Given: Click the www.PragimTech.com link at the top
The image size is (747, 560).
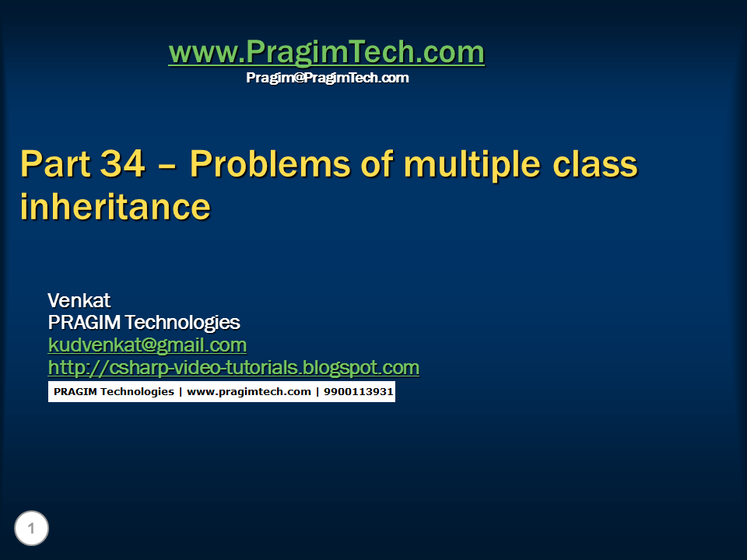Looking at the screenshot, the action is click(x=327, y=52).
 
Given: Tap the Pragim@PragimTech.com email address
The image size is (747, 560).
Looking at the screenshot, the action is click(x=328, y=78).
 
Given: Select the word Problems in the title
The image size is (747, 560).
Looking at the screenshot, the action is click(x=270, y=164).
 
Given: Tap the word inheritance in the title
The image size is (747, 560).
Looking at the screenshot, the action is click(x=115, y=207).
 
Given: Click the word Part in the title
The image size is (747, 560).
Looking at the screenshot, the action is click(x=55, y=164).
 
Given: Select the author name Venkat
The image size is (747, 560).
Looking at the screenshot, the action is click(x=79, y=300).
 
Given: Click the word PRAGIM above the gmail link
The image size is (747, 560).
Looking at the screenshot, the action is click(x=84, y=322).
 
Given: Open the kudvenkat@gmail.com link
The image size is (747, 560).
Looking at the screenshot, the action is click(x=147, y=345).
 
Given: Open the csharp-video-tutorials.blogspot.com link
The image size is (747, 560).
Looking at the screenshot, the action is click(x=234, y=368).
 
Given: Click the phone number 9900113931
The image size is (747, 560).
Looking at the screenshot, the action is click(x=358, y=391).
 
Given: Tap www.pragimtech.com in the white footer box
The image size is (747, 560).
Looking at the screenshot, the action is click(x=249, y=392).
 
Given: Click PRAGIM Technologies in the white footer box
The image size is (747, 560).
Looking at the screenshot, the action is click(x=114, y=392).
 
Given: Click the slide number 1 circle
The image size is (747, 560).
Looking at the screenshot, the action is click(x=31, y=528).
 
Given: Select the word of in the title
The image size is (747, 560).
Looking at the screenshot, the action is click(x=377, y=164).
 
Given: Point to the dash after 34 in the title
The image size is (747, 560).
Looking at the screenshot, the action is click(x=167, y=167).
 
